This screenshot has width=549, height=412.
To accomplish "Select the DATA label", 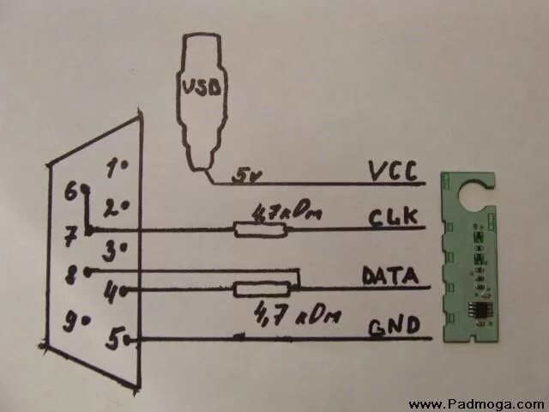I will click(x=389, y=276).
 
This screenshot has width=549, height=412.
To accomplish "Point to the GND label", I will click(x=394, y=327).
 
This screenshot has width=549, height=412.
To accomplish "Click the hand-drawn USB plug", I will click(x=202, y=94).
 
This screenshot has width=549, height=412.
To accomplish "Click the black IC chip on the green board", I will click(x=474, y=310).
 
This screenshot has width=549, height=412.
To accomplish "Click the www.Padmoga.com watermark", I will click(x=476, y=403).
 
